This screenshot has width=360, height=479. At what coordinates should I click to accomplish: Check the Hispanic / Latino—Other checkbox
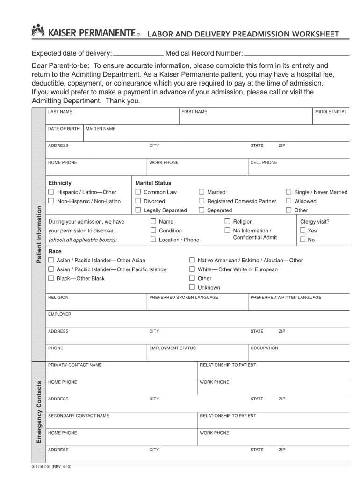click(51, 192)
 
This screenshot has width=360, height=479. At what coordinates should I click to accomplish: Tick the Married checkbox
click(202, 192)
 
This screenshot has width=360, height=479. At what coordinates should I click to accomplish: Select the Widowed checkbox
click(289, 201)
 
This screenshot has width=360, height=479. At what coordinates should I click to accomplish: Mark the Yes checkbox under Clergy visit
click(302, 231)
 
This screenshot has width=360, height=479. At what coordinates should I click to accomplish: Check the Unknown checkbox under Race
click(192, 287)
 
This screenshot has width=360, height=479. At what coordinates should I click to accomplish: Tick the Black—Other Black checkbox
click(51, 278)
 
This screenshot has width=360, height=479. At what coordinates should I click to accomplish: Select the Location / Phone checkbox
click(153, 239)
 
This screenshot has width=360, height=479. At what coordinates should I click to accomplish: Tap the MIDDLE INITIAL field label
click(331, 112)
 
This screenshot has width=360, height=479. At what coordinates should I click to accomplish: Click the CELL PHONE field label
click(264, 163)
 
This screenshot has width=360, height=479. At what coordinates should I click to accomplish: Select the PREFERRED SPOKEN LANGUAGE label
click(183, 298)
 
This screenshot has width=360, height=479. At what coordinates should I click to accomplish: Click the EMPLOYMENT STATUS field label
click(172, 348)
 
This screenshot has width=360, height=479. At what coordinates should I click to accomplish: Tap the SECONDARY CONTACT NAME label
click(79, 416)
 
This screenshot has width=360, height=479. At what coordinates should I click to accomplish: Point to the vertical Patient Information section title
click(39, 233)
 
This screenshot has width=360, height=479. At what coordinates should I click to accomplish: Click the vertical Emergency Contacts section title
click(39, 412)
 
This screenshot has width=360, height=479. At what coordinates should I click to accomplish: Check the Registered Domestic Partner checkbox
click(202, 201)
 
